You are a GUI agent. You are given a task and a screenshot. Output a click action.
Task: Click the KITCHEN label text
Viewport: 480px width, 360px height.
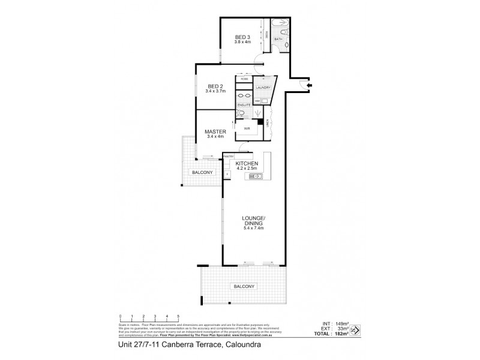point(247,163)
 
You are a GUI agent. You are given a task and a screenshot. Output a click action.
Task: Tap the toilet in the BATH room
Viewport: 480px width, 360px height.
point(287,45)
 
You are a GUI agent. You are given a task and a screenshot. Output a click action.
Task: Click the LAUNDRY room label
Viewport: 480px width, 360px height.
point(263,88)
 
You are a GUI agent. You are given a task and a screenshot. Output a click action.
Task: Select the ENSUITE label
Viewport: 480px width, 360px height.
point(243,105)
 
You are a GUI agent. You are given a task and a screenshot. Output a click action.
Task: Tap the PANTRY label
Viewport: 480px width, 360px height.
point(228,156)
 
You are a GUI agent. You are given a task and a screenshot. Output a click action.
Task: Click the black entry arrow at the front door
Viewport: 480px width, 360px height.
point(308,86)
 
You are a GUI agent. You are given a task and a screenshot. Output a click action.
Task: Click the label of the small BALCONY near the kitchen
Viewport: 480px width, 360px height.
point(201,172)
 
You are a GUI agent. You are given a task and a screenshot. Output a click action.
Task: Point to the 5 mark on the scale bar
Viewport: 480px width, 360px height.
point(178,316)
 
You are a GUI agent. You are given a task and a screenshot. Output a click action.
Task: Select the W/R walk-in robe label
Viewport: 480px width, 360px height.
point(246,128)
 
